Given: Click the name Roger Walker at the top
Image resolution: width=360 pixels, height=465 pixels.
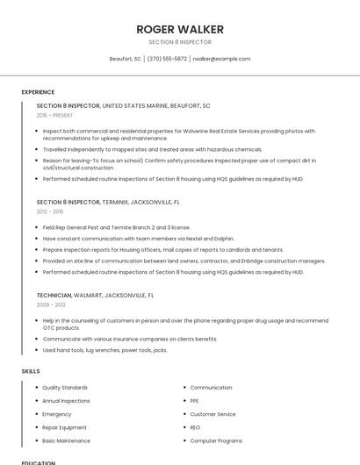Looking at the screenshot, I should [x=180, y=29].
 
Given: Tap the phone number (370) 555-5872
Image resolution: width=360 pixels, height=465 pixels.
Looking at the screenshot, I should [x=167, y=59].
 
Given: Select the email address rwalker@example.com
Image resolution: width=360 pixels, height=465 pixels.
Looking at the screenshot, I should [x=221, y=59].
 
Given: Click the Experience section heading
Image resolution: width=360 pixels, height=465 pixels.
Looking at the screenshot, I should [x=38, y=92].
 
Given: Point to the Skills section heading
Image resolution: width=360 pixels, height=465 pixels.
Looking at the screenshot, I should [x=31, y=371].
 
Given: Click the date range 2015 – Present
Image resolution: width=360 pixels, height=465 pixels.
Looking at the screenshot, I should [x=54, y=115].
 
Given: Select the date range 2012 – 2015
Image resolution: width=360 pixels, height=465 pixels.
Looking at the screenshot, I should [x=50, y=211].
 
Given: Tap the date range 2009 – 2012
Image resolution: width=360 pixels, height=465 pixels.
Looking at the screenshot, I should [x=51, y=304].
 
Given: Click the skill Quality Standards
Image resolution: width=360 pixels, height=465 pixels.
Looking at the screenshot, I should [x=65, y=388].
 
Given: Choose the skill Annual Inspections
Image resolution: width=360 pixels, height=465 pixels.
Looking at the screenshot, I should [x=66, y=401].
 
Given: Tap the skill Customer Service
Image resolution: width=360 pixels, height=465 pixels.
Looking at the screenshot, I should [x=212, y=414].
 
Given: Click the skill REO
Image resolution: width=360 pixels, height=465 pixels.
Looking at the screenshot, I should [x=196, y=427].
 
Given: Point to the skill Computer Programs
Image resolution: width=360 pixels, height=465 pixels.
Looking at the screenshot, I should [x=216, y=440].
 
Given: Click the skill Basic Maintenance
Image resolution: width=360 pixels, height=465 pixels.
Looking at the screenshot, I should [x=66, y=440].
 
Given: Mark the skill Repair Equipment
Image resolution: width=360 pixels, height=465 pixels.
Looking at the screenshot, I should [x=64, y=427].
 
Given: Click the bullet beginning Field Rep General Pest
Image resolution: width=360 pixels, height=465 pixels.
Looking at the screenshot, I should [x=116, y=227].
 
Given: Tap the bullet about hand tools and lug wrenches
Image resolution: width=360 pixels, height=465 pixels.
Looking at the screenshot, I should [x=104, y=350].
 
